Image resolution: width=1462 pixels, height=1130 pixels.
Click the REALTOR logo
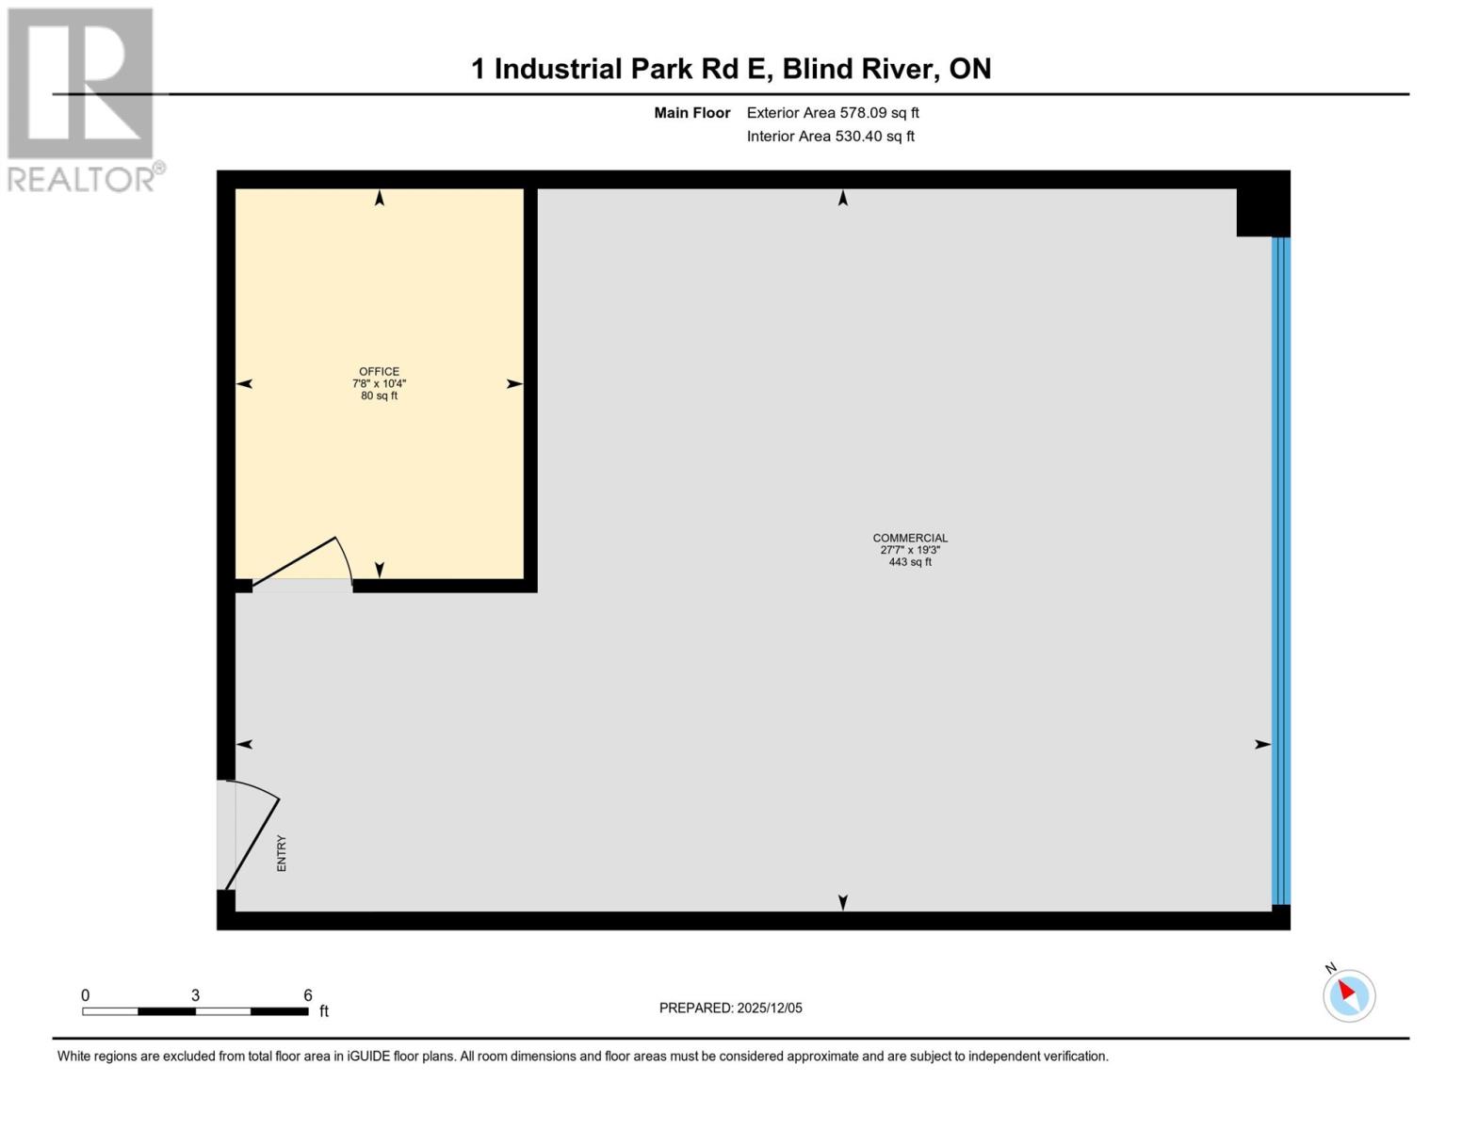click(x=82, y=99)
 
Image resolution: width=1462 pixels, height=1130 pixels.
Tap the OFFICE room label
click(x=379, y=371)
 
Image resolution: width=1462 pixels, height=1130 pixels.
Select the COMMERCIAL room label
click(x=910, y=538)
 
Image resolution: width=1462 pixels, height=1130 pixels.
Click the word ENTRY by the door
click(x=282, y=853)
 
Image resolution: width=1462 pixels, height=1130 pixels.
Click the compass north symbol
click(x=1349, y=993)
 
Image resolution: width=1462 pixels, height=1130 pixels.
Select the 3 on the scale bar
click(x=195, y=995)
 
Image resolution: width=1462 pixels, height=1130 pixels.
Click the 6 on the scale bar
click(x=308, y=995)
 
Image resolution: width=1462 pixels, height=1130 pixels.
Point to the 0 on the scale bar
click(x=86, y=995)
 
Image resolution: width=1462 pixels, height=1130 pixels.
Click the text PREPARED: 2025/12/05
click(x=731, y=1008)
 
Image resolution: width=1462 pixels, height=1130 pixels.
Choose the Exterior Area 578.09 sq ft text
click(x=833, y=113)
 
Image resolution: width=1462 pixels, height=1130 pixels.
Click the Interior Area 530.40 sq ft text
click(x=831, y=137)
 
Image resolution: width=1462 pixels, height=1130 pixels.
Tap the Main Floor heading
click(x=692, y=113)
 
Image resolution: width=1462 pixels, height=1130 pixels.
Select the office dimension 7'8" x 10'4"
click(x=379, y=383)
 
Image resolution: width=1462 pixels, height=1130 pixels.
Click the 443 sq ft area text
click(x=910, y=562)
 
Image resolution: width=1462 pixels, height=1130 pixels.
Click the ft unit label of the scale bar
click(x=324, y=1011)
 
